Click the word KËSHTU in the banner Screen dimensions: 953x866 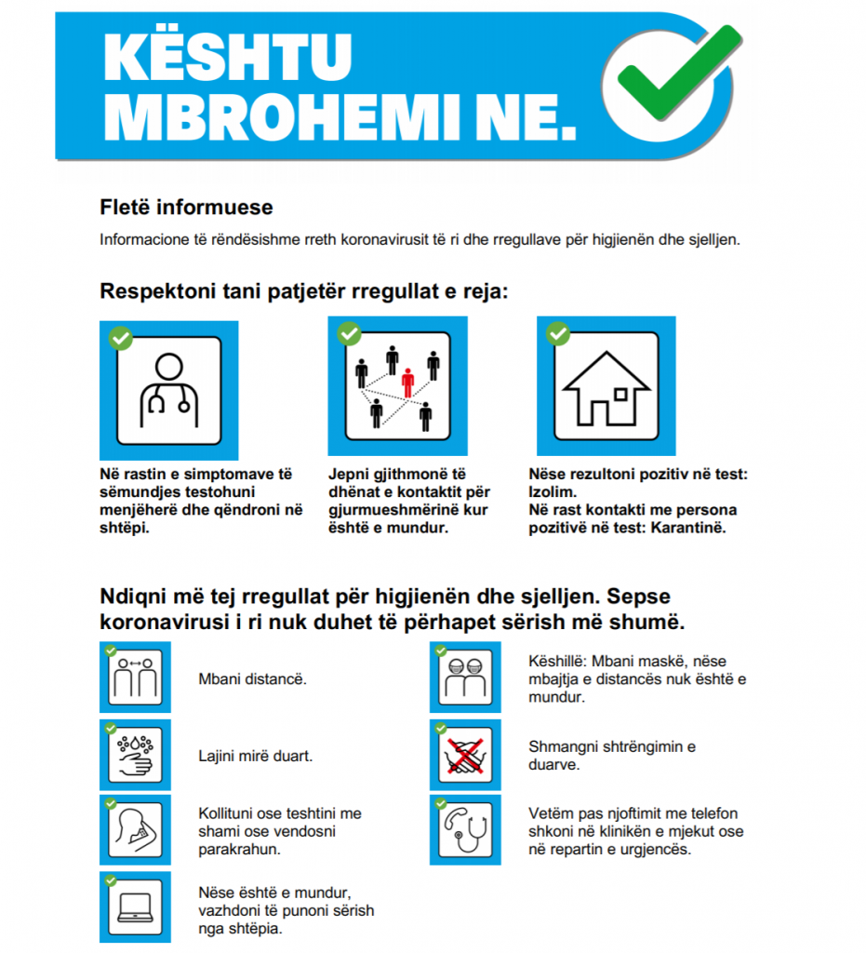[228, 57]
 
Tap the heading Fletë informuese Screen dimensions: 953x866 [186, 207]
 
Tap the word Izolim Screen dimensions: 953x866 [551, 492]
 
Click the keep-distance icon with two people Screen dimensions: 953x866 [136, 678]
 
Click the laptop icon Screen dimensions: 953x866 [136, 906]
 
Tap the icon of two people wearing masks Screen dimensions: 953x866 [465, 678]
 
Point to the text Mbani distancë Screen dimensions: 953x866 [252, 678]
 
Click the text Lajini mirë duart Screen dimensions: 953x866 [256, 756]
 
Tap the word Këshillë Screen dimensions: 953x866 [559, 661]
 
